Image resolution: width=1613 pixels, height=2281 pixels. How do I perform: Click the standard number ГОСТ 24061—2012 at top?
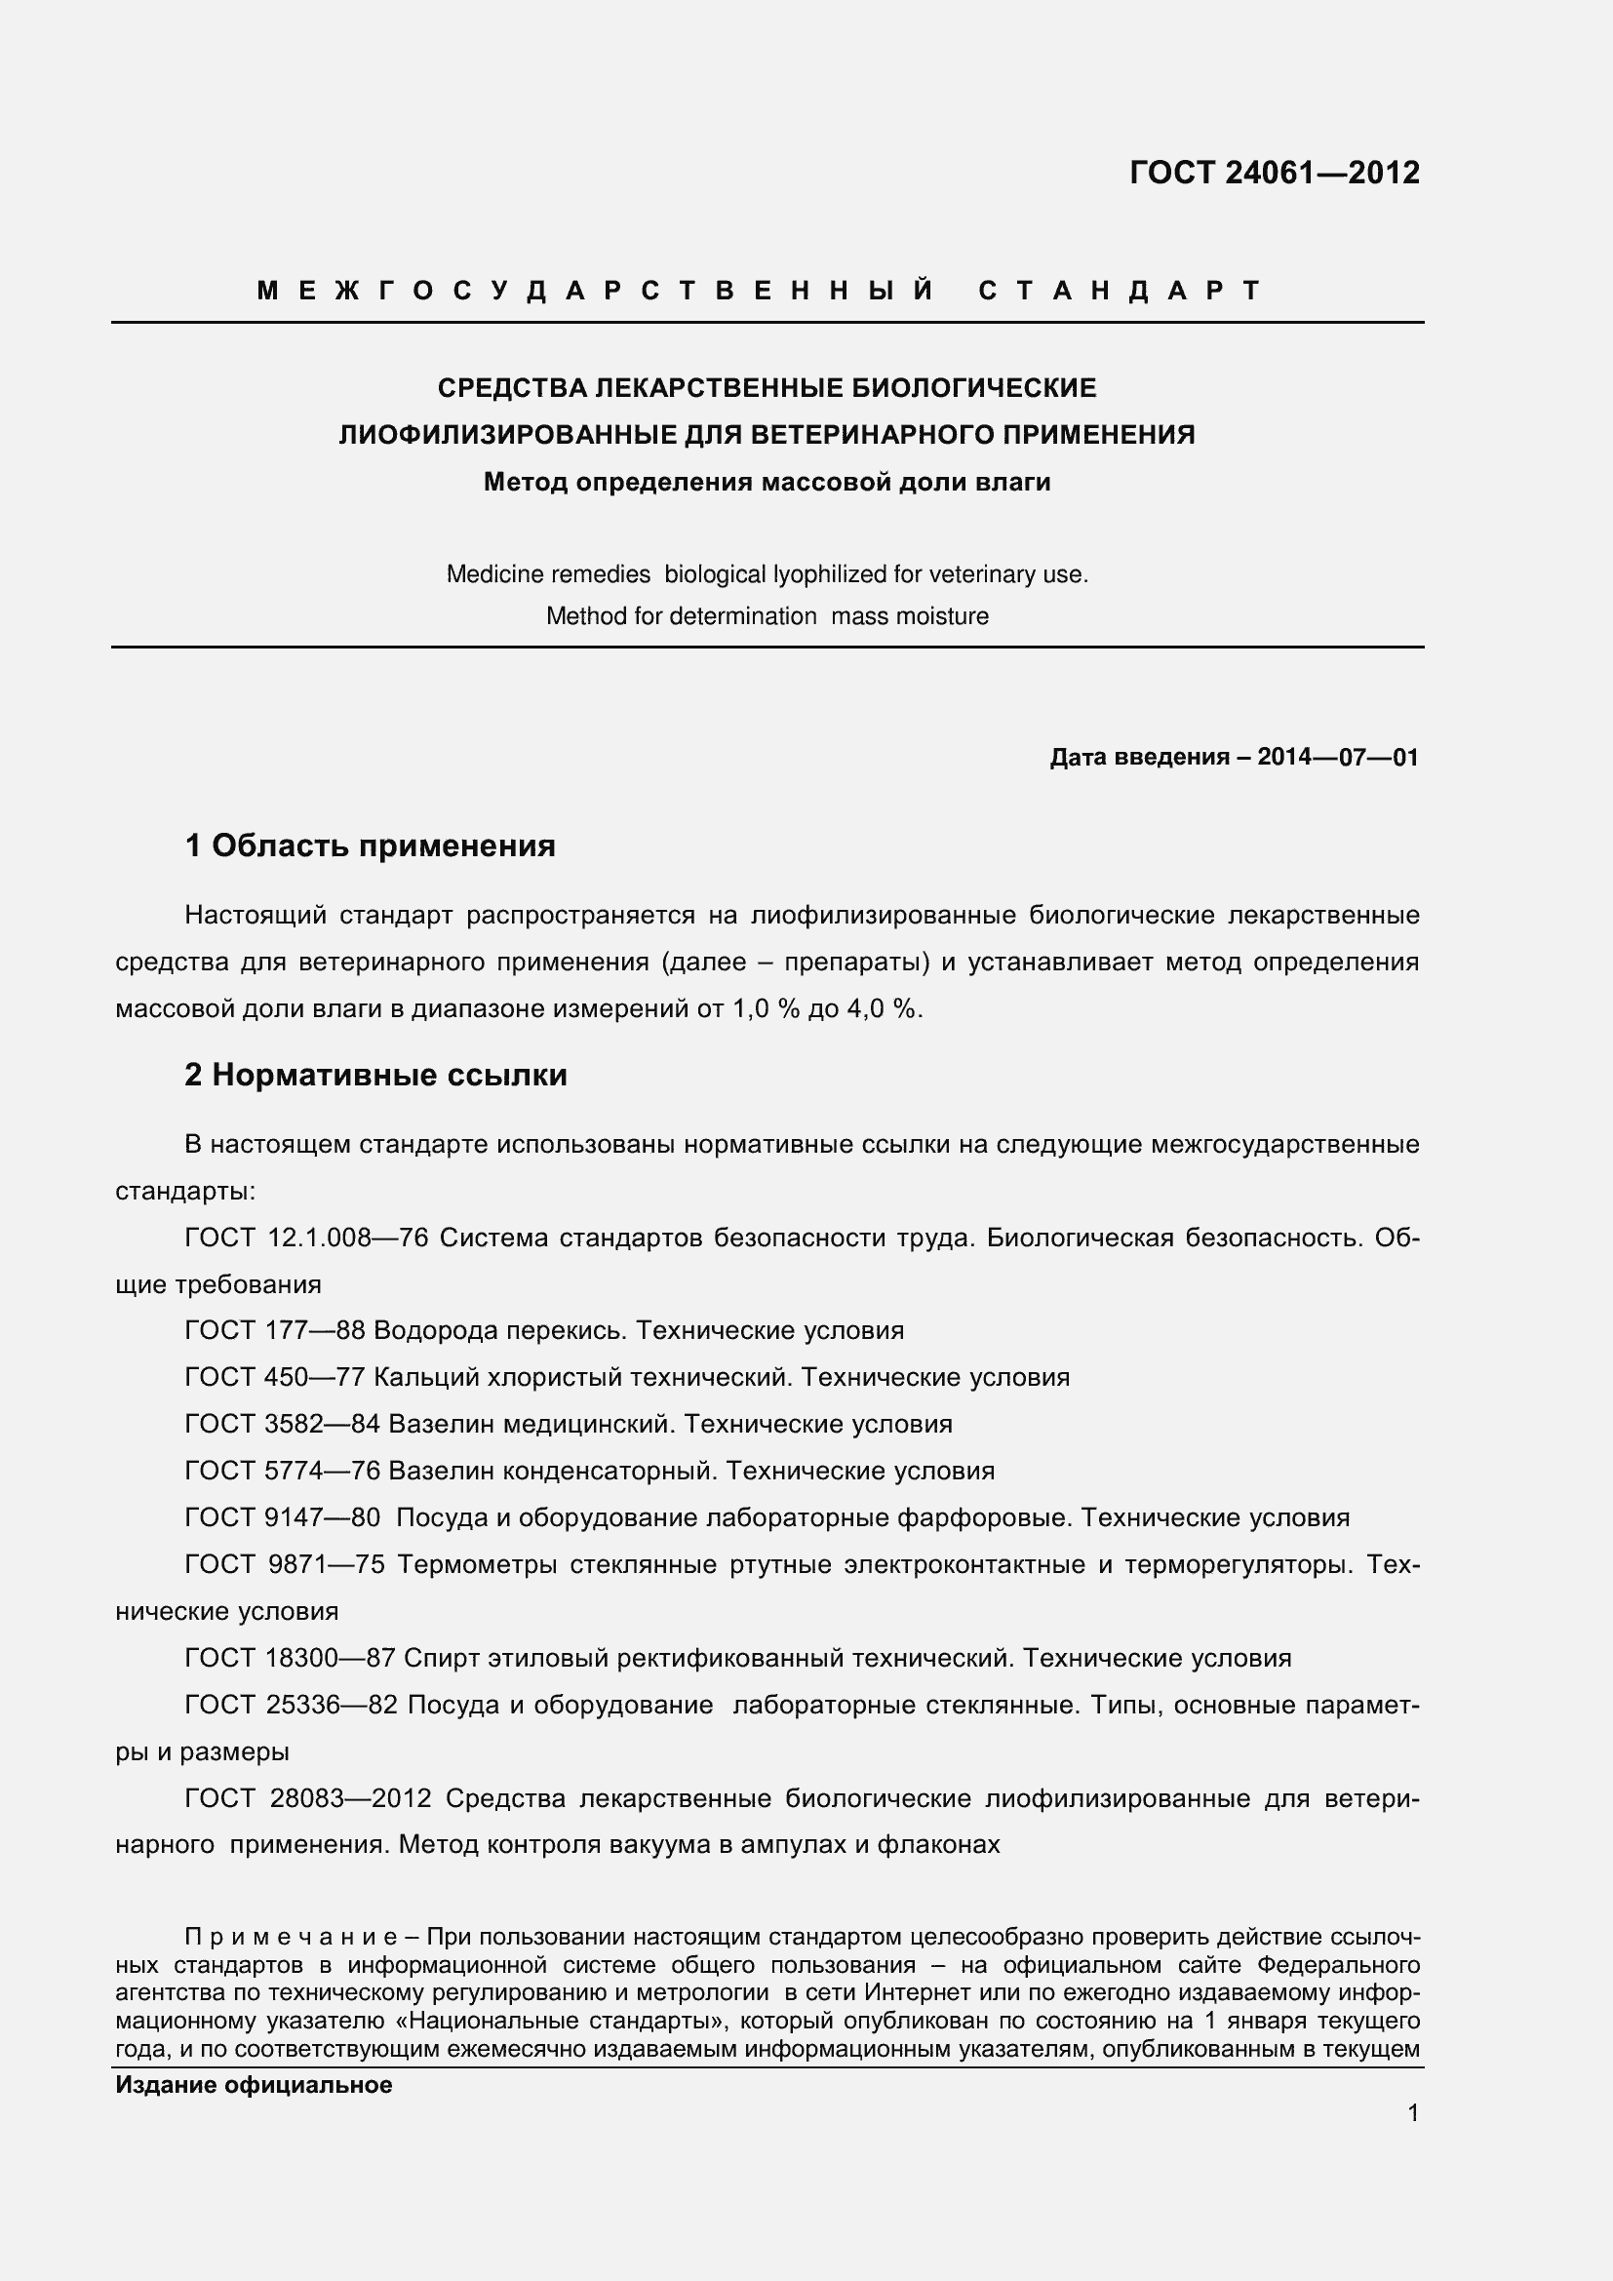1275,173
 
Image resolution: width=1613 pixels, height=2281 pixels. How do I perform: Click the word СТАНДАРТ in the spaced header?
1120,290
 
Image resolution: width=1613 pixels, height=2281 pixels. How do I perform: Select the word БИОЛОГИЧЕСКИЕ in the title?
974,387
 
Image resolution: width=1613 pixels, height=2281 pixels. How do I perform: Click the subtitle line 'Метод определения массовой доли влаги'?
767,483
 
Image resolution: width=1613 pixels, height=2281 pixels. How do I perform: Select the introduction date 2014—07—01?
1337,757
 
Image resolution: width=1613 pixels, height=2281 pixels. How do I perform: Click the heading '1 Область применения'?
370,846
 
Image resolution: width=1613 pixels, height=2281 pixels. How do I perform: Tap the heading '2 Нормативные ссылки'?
375,1075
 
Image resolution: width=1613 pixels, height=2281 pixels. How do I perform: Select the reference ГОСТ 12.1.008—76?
307,1238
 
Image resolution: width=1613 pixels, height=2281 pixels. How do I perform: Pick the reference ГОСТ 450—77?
275,1378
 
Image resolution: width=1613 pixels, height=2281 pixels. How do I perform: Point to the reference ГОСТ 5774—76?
282,1472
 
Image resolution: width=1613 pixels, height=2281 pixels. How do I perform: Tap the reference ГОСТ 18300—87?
290,1658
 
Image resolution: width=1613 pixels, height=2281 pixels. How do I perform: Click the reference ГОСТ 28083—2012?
308,1799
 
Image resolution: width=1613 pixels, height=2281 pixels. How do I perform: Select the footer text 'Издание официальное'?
254,2085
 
